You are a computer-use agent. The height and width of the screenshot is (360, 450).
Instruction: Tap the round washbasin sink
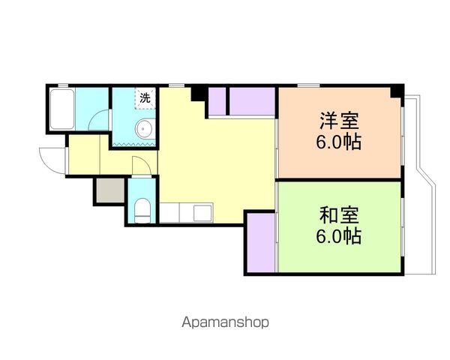click(x=145, y=130)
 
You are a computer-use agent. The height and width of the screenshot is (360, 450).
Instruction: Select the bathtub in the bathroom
click(x=61, y=109)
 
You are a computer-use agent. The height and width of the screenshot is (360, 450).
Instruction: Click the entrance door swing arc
click(x=51, y=160)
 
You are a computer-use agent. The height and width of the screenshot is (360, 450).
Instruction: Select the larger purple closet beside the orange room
click(x=252, y=101)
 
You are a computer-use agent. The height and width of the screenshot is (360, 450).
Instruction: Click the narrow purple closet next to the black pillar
click(x=217, y=101)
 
